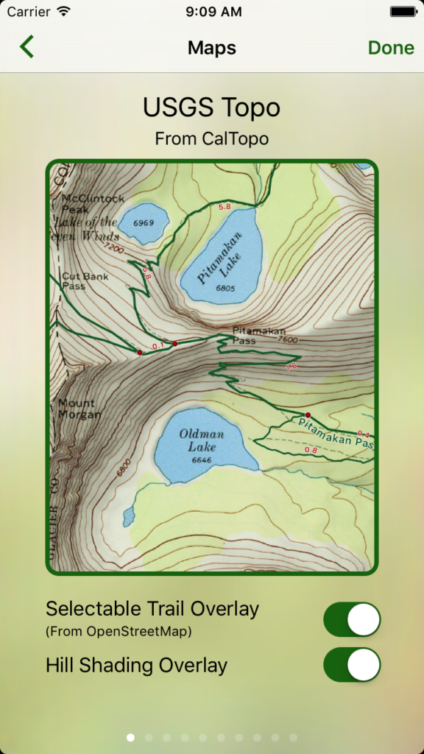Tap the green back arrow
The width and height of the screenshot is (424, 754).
click(27, 47)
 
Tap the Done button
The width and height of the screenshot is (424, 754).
click(391, 48)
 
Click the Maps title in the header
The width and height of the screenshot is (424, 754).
click(212, 48)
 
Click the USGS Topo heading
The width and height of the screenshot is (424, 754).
click(212, 108)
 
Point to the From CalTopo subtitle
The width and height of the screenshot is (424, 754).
click(212, 138)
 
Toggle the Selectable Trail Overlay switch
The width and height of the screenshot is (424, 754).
click(352, 619)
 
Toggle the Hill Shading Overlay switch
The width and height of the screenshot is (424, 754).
click(352, 665)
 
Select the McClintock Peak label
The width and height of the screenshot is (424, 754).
click(93, 204)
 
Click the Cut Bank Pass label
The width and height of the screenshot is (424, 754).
click(85, 281)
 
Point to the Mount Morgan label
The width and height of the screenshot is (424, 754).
click(79, 409)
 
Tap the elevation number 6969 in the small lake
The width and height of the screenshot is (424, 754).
click(144, 223)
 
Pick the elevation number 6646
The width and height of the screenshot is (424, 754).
click(201, 460)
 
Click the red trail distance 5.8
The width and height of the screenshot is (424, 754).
click(225, 207)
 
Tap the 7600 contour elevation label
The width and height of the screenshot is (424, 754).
click(289, 339)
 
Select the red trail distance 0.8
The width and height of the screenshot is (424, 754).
click(310, 450)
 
